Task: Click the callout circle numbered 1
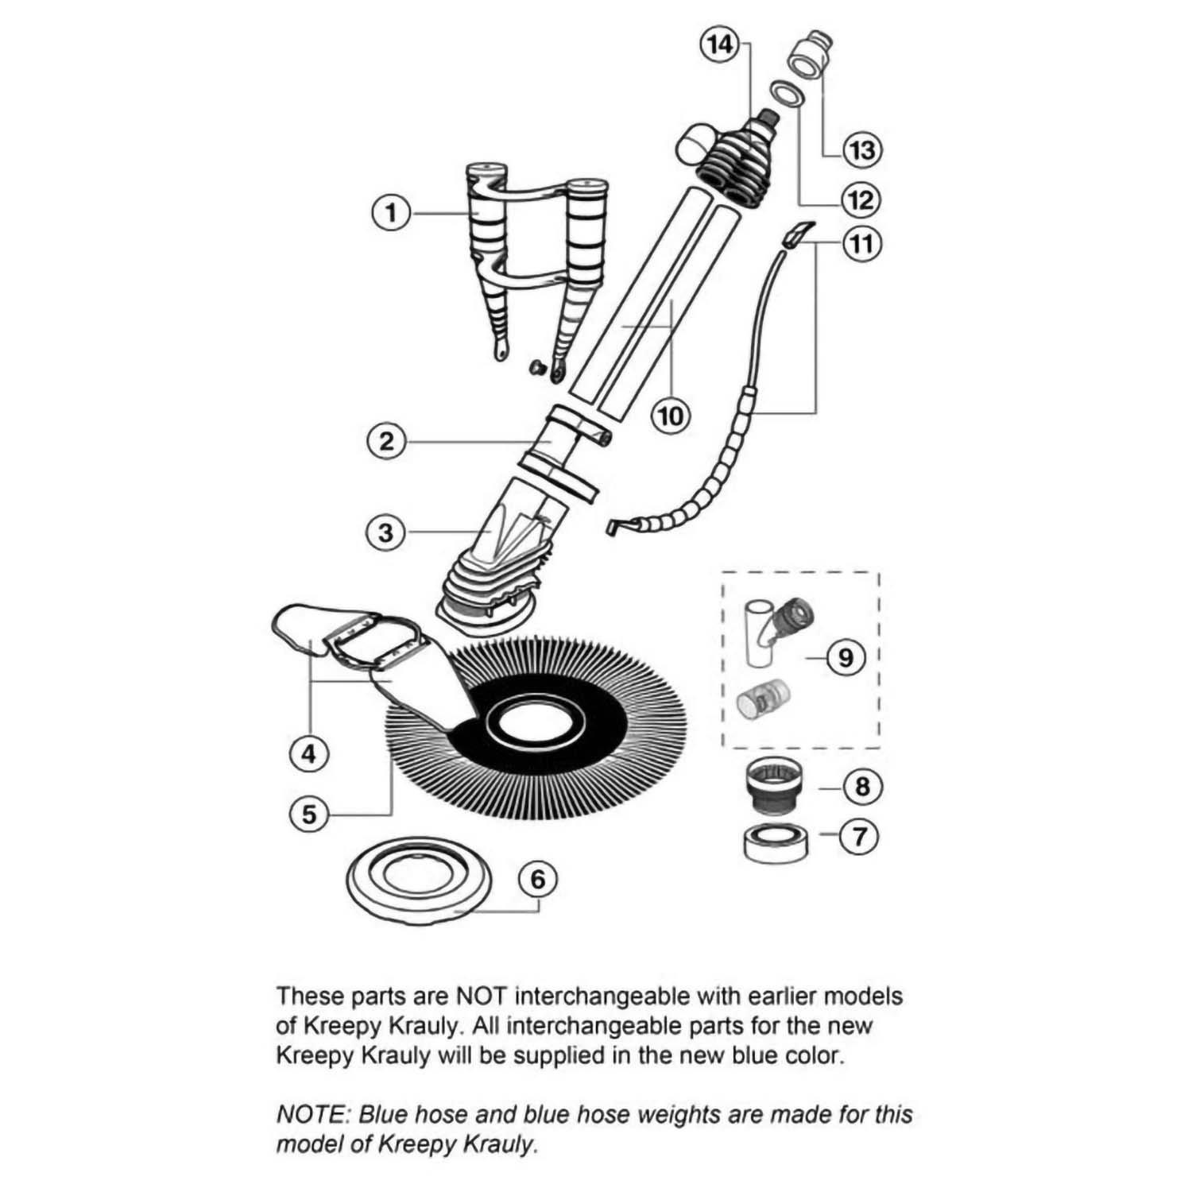tap(390, 213)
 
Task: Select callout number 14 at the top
tap(718, 45)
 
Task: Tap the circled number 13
tap(862, 149)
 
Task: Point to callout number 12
tap(861, 199)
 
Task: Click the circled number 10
tap(671, 415)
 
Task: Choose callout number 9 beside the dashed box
tap(845, 657)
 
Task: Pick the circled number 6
tap(538, 880)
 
